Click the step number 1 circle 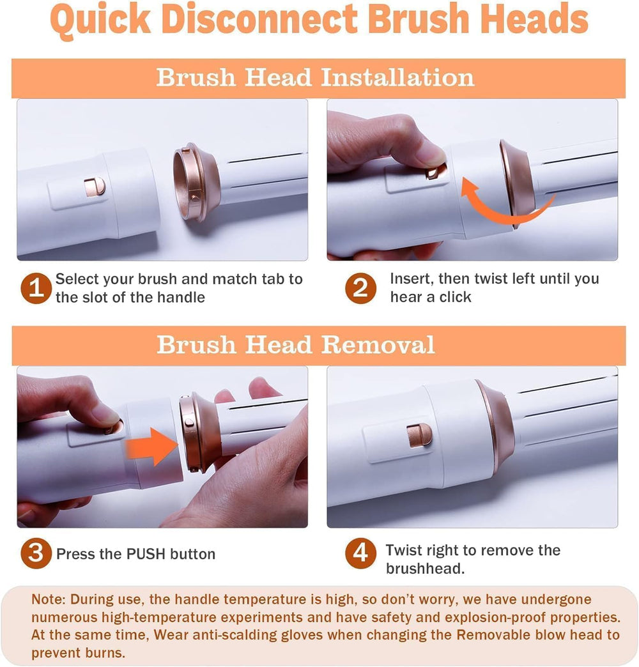(36, 288)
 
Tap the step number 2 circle (361, 288)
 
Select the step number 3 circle (36, 553)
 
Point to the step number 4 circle (361, 553)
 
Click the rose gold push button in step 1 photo (95, 187)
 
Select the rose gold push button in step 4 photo (419, 435)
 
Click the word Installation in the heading (397, 78)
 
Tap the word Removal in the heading (378, 344)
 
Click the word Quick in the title (100, 19)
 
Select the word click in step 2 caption (455, 297)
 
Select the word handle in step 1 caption (181, 297)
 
